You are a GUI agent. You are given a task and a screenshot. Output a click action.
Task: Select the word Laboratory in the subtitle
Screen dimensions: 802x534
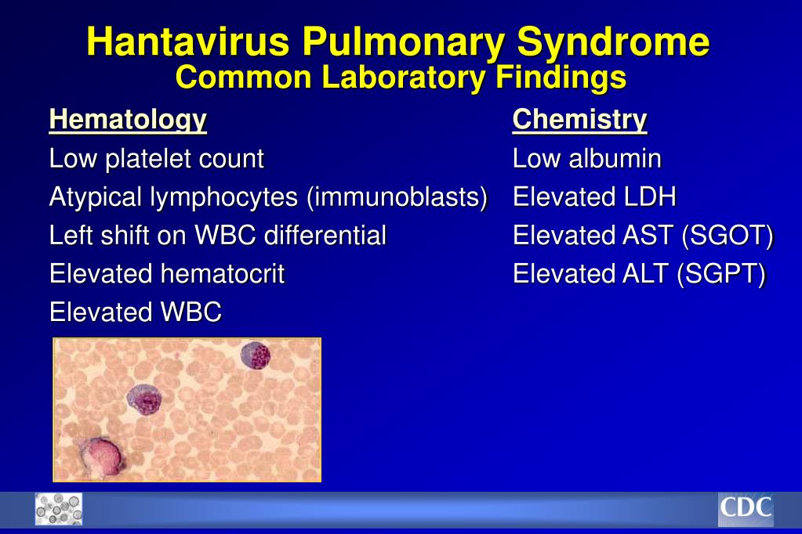404,78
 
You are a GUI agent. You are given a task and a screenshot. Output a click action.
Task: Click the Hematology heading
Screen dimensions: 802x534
128,121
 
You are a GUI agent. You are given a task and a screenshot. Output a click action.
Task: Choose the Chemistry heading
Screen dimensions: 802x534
580,121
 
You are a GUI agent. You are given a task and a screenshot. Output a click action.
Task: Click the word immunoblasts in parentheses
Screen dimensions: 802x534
397,197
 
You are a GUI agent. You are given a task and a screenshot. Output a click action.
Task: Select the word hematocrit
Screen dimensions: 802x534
223,273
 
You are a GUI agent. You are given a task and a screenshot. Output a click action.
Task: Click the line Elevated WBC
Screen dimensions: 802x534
136,312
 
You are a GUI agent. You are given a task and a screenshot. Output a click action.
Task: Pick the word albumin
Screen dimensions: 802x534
615,158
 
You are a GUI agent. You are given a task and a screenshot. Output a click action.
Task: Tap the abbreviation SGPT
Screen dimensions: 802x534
721,274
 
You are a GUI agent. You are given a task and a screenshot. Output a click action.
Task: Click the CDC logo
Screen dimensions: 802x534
746,509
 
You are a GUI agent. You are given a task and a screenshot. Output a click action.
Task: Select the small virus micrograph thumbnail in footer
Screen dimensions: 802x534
58,509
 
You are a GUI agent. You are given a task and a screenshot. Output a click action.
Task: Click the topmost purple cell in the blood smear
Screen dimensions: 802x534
256,355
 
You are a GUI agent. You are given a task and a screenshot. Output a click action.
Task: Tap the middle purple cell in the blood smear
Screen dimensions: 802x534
143,399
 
